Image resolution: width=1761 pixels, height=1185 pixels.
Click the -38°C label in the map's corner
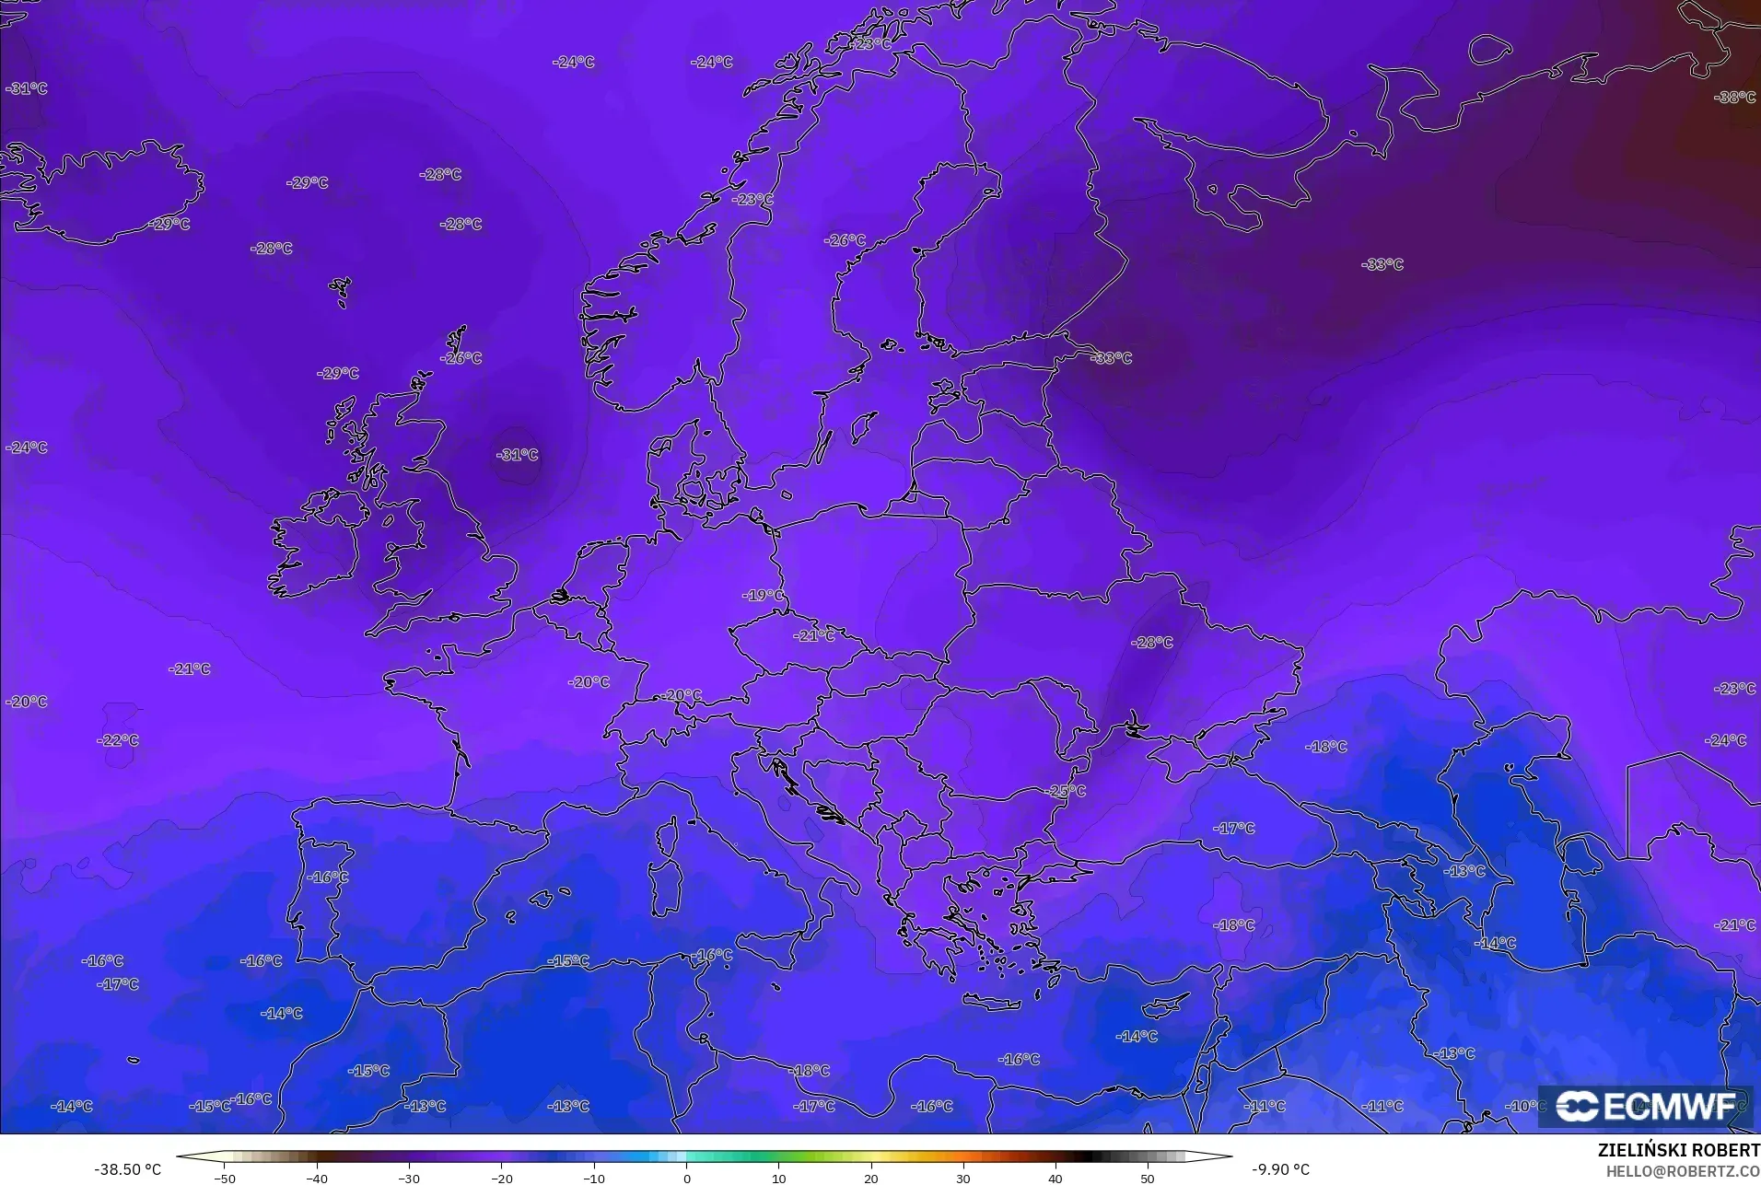tap(1734, 98)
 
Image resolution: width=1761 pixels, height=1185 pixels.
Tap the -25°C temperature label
tap(1066, 791)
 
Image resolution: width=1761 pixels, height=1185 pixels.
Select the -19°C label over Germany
tap(763, 596)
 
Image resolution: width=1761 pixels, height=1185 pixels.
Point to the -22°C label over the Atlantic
tap(118, 740)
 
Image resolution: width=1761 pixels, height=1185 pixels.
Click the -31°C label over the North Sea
tap(517, 455)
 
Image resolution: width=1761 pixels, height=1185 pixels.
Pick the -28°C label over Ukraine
tap(1152, 643)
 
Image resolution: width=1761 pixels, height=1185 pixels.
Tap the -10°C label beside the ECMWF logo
tap(1525, 1106)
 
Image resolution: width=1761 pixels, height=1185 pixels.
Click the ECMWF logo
tap(1646, 1106)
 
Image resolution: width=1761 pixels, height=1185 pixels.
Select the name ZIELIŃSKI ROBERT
tap(1678, 1151)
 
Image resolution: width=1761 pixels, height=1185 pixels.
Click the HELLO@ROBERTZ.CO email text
tap(1683, 1171)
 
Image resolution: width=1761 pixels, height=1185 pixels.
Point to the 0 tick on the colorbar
tap(686, 1179)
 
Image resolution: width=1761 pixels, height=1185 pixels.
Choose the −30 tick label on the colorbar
tap(408, 1179)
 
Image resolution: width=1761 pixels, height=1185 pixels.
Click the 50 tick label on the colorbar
tap(1147, 1179)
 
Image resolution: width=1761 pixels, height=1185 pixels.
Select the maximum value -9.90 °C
tap(1281, 1169)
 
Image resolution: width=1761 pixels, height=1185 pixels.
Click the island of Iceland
tap(111, 198)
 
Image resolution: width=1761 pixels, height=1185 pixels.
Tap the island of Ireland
tap(313, 548)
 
